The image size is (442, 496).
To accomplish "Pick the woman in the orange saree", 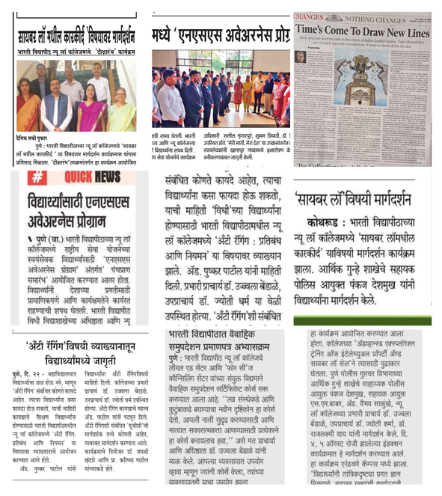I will click(x=28, y=111).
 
